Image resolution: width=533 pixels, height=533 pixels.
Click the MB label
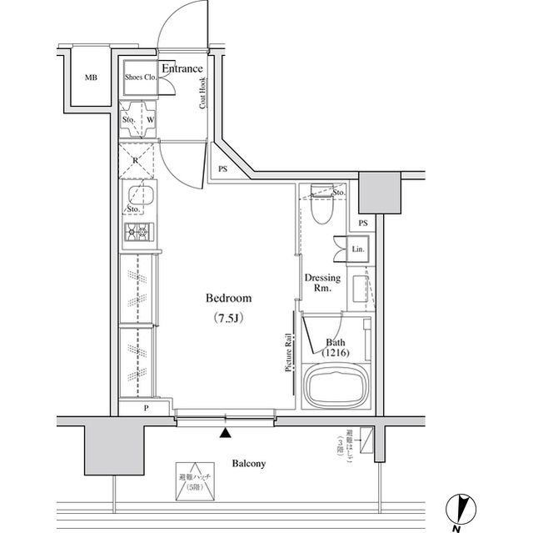(x=91, y=78)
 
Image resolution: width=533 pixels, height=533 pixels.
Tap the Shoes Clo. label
(x=140, y=78)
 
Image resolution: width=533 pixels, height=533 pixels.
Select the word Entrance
(x=182, y=68)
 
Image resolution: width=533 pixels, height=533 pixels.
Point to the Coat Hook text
(x=202, y=93)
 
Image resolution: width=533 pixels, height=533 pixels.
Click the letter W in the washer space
(x=150, y=119)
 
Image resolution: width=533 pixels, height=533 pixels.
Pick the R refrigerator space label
(x=136, y=158)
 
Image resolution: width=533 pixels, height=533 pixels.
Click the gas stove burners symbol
(x=137, y=232)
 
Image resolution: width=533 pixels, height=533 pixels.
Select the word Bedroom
(x=228, y=299)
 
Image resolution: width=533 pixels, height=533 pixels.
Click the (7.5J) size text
(x=228, y=318)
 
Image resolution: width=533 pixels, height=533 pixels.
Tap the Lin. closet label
(x=358, y=250)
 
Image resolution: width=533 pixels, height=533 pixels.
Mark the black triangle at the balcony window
(x=225, y=432)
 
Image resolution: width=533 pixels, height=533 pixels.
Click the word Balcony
(x=249, y=463)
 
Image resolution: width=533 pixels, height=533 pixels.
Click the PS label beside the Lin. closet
(x=362, y=224)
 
